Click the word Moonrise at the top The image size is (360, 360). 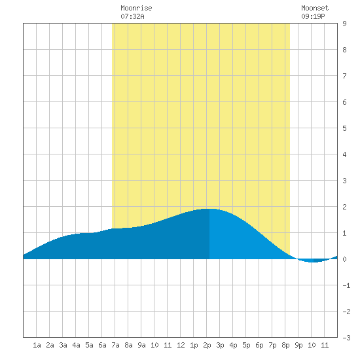(136, 8)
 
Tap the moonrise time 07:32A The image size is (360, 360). (132, 16)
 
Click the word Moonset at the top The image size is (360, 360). (315, 8)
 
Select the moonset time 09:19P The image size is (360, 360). (313, 16)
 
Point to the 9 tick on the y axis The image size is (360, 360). (344, 24)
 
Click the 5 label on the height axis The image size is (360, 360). (344, 128)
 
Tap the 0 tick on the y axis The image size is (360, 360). (344, 259)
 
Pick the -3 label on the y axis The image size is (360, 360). (346, 338)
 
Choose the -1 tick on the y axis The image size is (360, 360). (346, 285)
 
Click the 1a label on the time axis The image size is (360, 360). (37, 345)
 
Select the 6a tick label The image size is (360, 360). (102, 345)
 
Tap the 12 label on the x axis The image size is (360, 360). (181, 345)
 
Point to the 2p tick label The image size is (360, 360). (207, 345)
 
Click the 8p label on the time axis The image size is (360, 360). (285, 345)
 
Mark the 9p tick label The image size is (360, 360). (298, 345)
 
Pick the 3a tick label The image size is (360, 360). (63, 345)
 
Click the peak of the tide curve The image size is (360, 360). (209, 209)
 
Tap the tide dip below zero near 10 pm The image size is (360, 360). (314, 262)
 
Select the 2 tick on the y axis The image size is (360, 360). (344, 207)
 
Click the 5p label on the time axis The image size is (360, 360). (246, 345)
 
